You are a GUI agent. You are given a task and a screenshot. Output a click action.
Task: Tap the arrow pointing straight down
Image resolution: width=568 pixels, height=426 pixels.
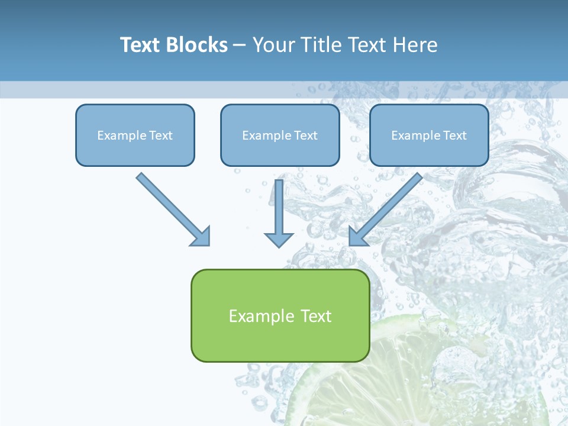click(x=279, y=210)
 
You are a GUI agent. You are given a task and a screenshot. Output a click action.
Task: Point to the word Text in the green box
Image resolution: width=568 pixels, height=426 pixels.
click(x=316, y=316)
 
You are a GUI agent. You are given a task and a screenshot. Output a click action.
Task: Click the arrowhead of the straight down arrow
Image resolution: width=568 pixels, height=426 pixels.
click(x=279, y=239)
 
